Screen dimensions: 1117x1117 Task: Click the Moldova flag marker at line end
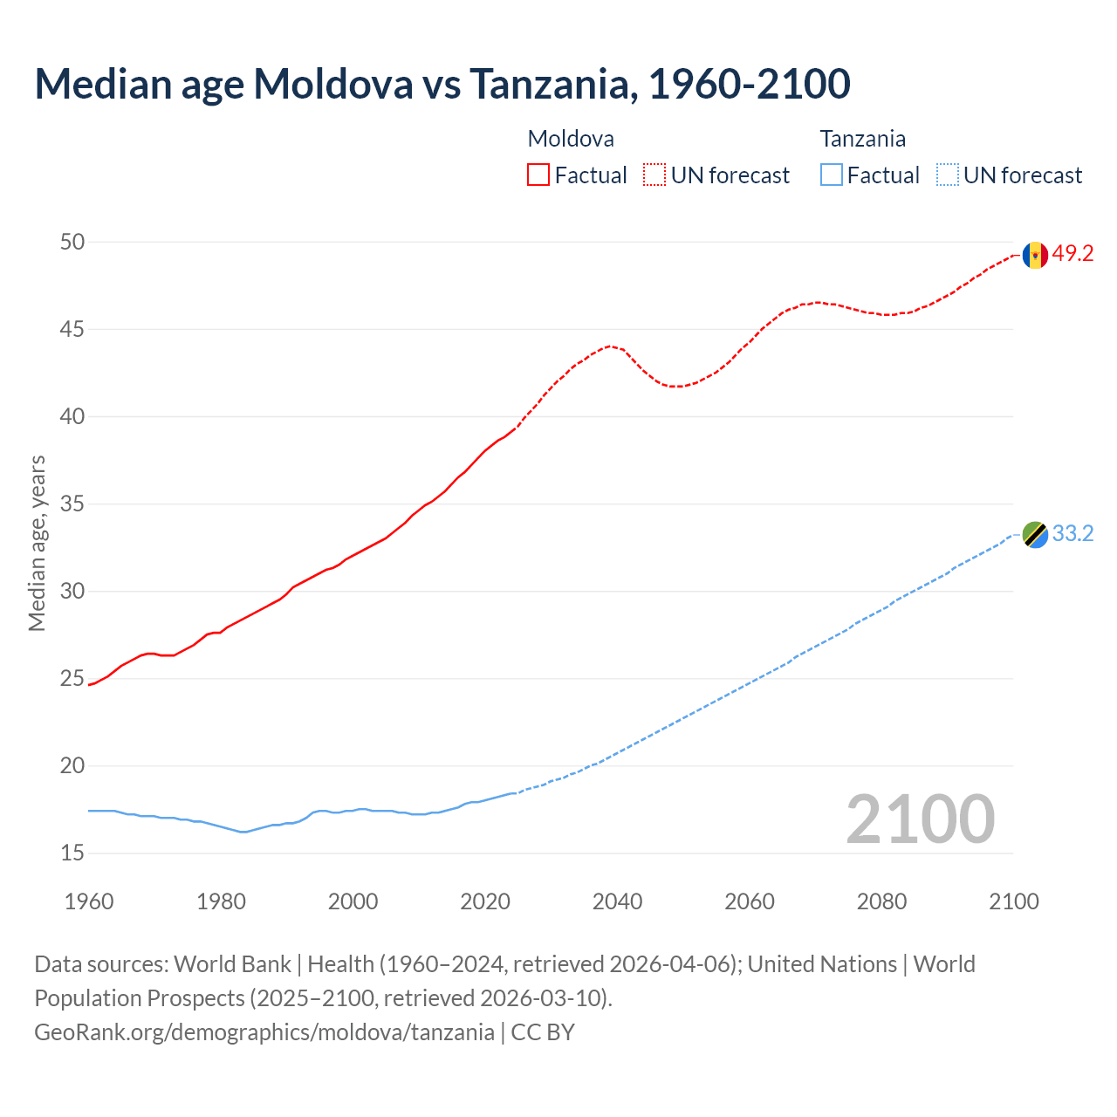tap(1035, 255)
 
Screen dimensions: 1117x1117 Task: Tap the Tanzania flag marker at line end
tap(1035, 534)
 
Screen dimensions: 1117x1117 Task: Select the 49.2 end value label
tap(1072, 254)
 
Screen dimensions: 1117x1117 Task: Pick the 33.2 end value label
tap(1072, 533)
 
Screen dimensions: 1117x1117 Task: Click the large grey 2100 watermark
tap(920, 819)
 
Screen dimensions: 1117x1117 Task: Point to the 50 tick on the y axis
tap(72, 242)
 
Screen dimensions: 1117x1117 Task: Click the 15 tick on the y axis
tap(72, 853)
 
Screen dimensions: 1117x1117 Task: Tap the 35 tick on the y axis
tap(72, 504)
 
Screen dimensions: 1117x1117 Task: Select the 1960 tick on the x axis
tap(89, 901)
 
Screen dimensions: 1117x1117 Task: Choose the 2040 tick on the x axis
tap(617, 901)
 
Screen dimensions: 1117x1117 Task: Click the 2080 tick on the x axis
tap(881, 901)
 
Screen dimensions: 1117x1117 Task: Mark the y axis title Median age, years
tap(37, 543)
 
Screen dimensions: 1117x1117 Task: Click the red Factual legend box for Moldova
tap(538, 175)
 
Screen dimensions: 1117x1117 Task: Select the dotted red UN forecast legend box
tap(654, 175)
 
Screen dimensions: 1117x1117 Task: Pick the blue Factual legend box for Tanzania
tap(832, 175)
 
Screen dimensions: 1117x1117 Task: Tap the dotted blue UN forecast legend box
tap(948, 175)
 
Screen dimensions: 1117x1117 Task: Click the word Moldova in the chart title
tap(333, 84)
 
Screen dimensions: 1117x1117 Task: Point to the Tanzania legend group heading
tap(862, 139)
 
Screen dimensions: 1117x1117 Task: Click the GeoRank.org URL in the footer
tap(264, 1031)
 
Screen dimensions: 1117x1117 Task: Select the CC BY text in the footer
tap(543, 1031)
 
